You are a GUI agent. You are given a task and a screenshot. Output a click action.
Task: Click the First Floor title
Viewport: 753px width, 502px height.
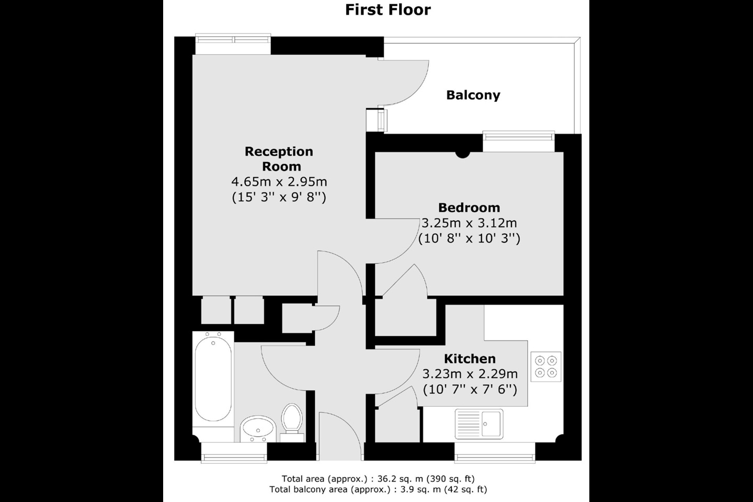tap(387, 10)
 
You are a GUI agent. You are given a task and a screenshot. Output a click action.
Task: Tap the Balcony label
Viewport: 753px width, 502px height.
tap(473, 95)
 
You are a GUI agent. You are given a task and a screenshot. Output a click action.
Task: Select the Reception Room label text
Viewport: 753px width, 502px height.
tap(279, 159)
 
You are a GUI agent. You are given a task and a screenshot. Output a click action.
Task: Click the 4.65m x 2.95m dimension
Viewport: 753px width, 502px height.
tap(279, 182)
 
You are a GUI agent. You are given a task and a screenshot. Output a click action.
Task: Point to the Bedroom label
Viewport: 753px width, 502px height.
tap(469, 208)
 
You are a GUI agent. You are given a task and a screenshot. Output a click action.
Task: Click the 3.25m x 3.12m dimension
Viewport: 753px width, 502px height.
tap(469, 223)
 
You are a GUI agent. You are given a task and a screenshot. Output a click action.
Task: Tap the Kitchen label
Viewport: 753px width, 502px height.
tap(470, 359)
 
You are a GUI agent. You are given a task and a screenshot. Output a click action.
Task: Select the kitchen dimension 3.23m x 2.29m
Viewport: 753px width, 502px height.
tap(470, 374)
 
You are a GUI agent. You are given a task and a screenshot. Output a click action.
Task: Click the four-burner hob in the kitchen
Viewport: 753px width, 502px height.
tap(546, 366)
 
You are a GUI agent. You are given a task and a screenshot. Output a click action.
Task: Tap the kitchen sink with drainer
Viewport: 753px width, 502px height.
tap(478, 424)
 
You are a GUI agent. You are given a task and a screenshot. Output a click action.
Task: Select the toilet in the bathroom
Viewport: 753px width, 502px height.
tap(291, 419)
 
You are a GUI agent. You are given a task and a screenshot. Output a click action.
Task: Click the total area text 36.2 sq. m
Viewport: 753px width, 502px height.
tap(378, 478)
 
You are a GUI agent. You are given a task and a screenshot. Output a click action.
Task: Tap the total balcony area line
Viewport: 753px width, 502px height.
tap(378, 490)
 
